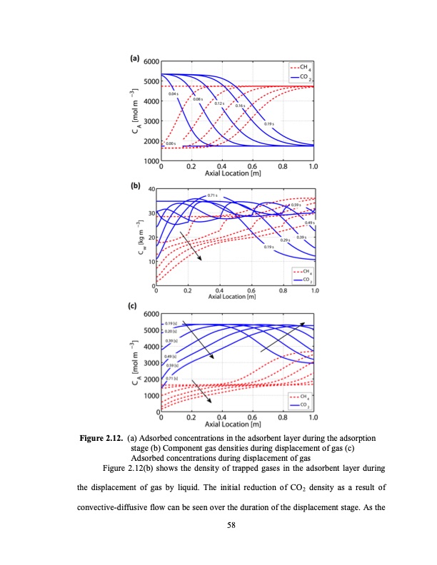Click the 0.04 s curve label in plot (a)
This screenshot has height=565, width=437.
click(x=174, y=93)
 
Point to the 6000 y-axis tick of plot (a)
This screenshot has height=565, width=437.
click(x=151, y=63)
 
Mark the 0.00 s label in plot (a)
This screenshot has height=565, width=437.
click(x=171, y=143)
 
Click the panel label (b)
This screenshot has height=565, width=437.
click(x=134, y=186)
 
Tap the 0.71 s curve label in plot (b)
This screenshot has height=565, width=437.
click(x=212, y=195)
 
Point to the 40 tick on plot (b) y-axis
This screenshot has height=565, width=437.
click(x=151, y=189)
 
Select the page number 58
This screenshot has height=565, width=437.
click(x=218, y=526)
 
